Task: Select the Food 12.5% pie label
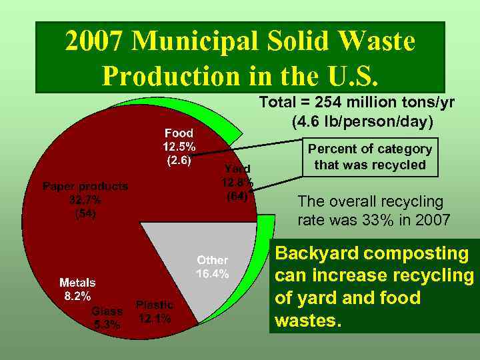coord(179,147)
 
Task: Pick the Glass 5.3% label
coord(107,317)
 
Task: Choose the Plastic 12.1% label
coord(154,311)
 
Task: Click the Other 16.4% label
coord(212,267)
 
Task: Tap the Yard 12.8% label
coord(237,182)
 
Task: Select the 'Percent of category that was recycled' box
coord(370,157)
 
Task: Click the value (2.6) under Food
coord(179,160)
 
